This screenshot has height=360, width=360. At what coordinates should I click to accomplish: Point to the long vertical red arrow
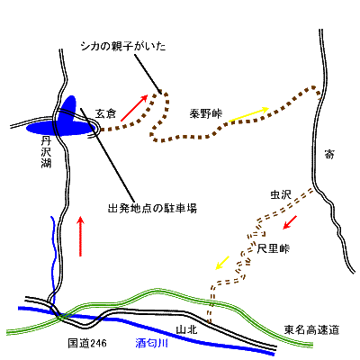pyautogui.click(x=82, y=236)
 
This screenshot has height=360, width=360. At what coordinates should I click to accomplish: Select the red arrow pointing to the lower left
pyautogui.click(x=291, y=221)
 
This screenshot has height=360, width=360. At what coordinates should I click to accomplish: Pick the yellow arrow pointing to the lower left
pyautogui.click(x=220, y=263)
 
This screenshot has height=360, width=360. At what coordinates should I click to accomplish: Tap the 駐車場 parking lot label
pyautogui.click(x=152, y=207)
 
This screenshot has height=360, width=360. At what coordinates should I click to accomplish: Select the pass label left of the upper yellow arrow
pyautogui.click(x=203, y=114)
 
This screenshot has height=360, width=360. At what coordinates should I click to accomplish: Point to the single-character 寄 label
pyautogui.click(x=329, y=155)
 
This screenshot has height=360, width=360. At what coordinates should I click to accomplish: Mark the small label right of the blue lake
pyautogui.click(x=106, y=112)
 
